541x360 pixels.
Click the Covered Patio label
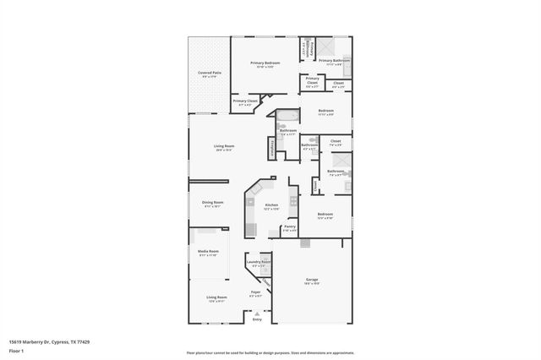tap(210, 73)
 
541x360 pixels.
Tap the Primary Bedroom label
tap(265, 63)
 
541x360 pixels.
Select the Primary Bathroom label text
tap(335, 61)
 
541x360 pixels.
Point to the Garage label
tap(312, 279)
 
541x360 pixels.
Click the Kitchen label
tap(271, 205)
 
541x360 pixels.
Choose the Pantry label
tap(289, 226)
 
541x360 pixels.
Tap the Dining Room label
tap(212, 203)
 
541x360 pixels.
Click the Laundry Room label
tap(259, 262)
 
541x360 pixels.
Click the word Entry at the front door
tap(257, 319)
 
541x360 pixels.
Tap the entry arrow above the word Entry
tap(257, 313)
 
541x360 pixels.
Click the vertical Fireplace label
tap(271, 146)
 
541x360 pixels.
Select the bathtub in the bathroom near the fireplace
tap(287, 117)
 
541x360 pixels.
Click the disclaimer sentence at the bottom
tap(270, 352)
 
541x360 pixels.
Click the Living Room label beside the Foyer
tap(216, 297)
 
